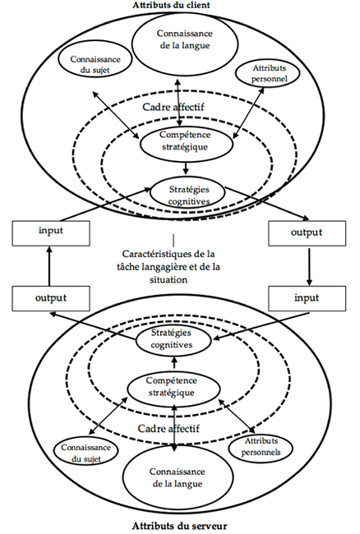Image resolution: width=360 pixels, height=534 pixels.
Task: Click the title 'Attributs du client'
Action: click(181, 6)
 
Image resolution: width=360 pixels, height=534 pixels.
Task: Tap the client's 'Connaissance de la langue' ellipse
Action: click(181, 37)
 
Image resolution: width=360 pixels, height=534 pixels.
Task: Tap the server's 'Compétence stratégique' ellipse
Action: click(176, 387)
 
